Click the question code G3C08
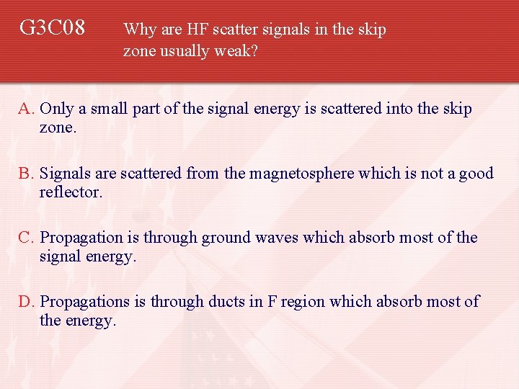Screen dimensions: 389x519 coord(52,28)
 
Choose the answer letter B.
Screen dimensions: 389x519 coord(26,174)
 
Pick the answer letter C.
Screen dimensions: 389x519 coord(26,238)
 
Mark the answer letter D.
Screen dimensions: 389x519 coord(26,302)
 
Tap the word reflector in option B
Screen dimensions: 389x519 coord(71,192)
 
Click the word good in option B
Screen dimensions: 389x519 coord(475,174)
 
